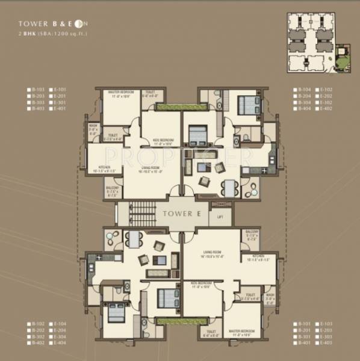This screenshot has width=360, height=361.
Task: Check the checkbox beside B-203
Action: (x=28, y=96)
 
